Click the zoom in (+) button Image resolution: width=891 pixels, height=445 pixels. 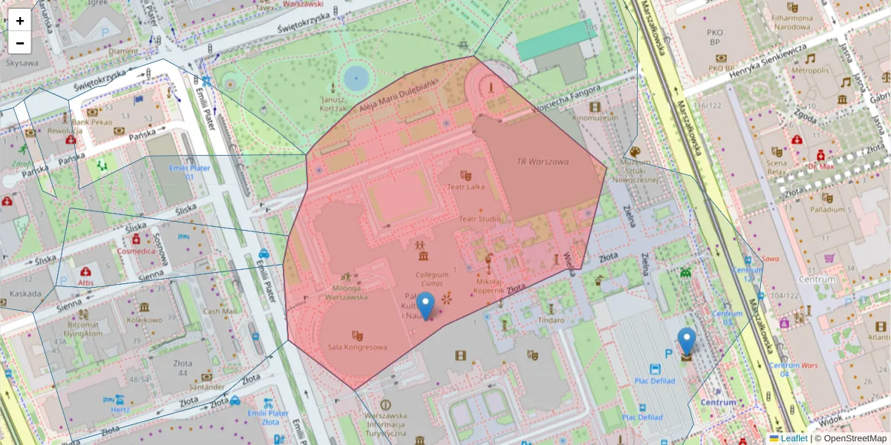[20, 21]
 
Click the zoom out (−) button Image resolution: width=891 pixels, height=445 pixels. [20, 43]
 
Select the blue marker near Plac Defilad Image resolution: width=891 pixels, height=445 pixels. [687, 341]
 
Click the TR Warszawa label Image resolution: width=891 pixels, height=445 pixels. [542, 162]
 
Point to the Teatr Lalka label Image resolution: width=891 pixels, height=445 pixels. [466, 186]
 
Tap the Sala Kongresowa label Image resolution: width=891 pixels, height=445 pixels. [357, 347]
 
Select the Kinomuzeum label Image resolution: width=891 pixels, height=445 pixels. [595, 117]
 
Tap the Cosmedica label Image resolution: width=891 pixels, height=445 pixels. [136, 251]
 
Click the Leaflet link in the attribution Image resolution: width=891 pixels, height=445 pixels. [793, 438]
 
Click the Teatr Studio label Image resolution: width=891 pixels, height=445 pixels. [479, 219]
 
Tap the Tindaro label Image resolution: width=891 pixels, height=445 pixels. [551, 320]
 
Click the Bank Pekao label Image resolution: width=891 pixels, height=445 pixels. [92, 122]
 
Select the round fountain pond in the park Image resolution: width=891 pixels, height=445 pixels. [356, 76]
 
